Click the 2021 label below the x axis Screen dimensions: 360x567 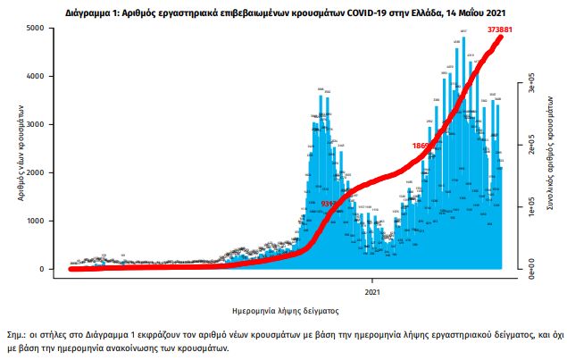(x=377, y=291)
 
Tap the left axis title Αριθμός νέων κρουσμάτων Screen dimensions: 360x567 (x=20, y=149)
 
